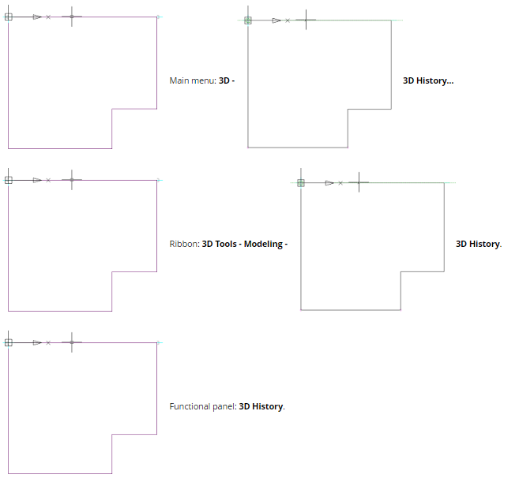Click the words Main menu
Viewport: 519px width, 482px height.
[x=192, y=80]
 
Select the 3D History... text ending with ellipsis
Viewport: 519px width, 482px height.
[x=428, y=80]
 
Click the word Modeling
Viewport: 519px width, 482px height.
[x=263, y=244]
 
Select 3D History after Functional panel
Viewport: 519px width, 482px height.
[x=261, y=406]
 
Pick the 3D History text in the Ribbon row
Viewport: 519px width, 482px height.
[x=477, y=244]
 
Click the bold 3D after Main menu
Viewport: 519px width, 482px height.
[x=224, y=80]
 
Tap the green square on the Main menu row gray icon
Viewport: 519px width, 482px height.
[x=248, y=21]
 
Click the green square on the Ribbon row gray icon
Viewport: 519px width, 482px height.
[x=301, y=183]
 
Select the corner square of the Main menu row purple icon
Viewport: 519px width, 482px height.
[x=9, y=17]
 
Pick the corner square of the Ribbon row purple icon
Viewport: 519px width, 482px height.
[x=9, y=180]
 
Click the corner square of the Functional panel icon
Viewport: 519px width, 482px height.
[x=9, y=342]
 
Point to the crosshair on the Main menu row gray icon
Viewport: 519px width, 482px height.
[x=305, y=21]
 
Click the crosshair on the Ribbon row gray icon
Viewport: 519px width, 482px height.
[x=359, y=183]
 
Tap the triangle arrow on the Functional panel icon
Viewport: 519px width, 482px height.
[x=37, y=342]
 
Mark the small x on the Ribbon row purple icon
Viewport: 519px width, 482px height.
[x=48, y=180]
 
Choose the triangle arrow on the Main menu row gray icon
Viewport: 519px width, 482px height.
[x=276, y=21]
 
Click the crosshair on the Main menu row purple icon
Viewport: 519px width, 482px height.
[x=72, y=17]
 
